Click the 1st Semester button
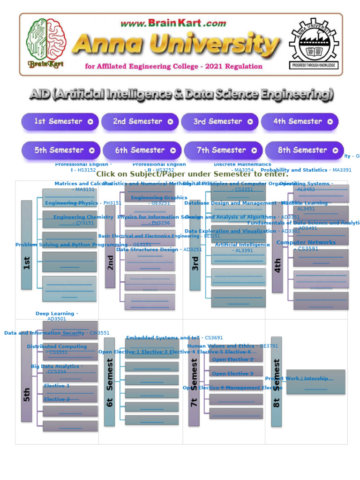[x=60, y=121]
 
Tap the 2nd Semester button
[x=140, y=121]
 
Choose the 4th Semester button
[x=300, y=121]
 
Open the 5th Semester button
[x=61, y=150]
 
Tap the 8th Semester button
[x=304, y=150]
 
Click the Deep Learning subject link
[x=57, y=314]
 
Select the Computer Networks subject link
[x=306, y=243]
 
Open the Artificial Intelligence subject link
[x=242, y=245]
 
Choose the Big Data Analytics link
[x=57, y=367]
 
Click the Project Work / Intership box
[x=315, y=381]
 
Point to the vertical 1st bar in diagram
[x=27, y=245]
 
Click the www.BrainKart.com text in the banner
[x=173, y=23]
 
